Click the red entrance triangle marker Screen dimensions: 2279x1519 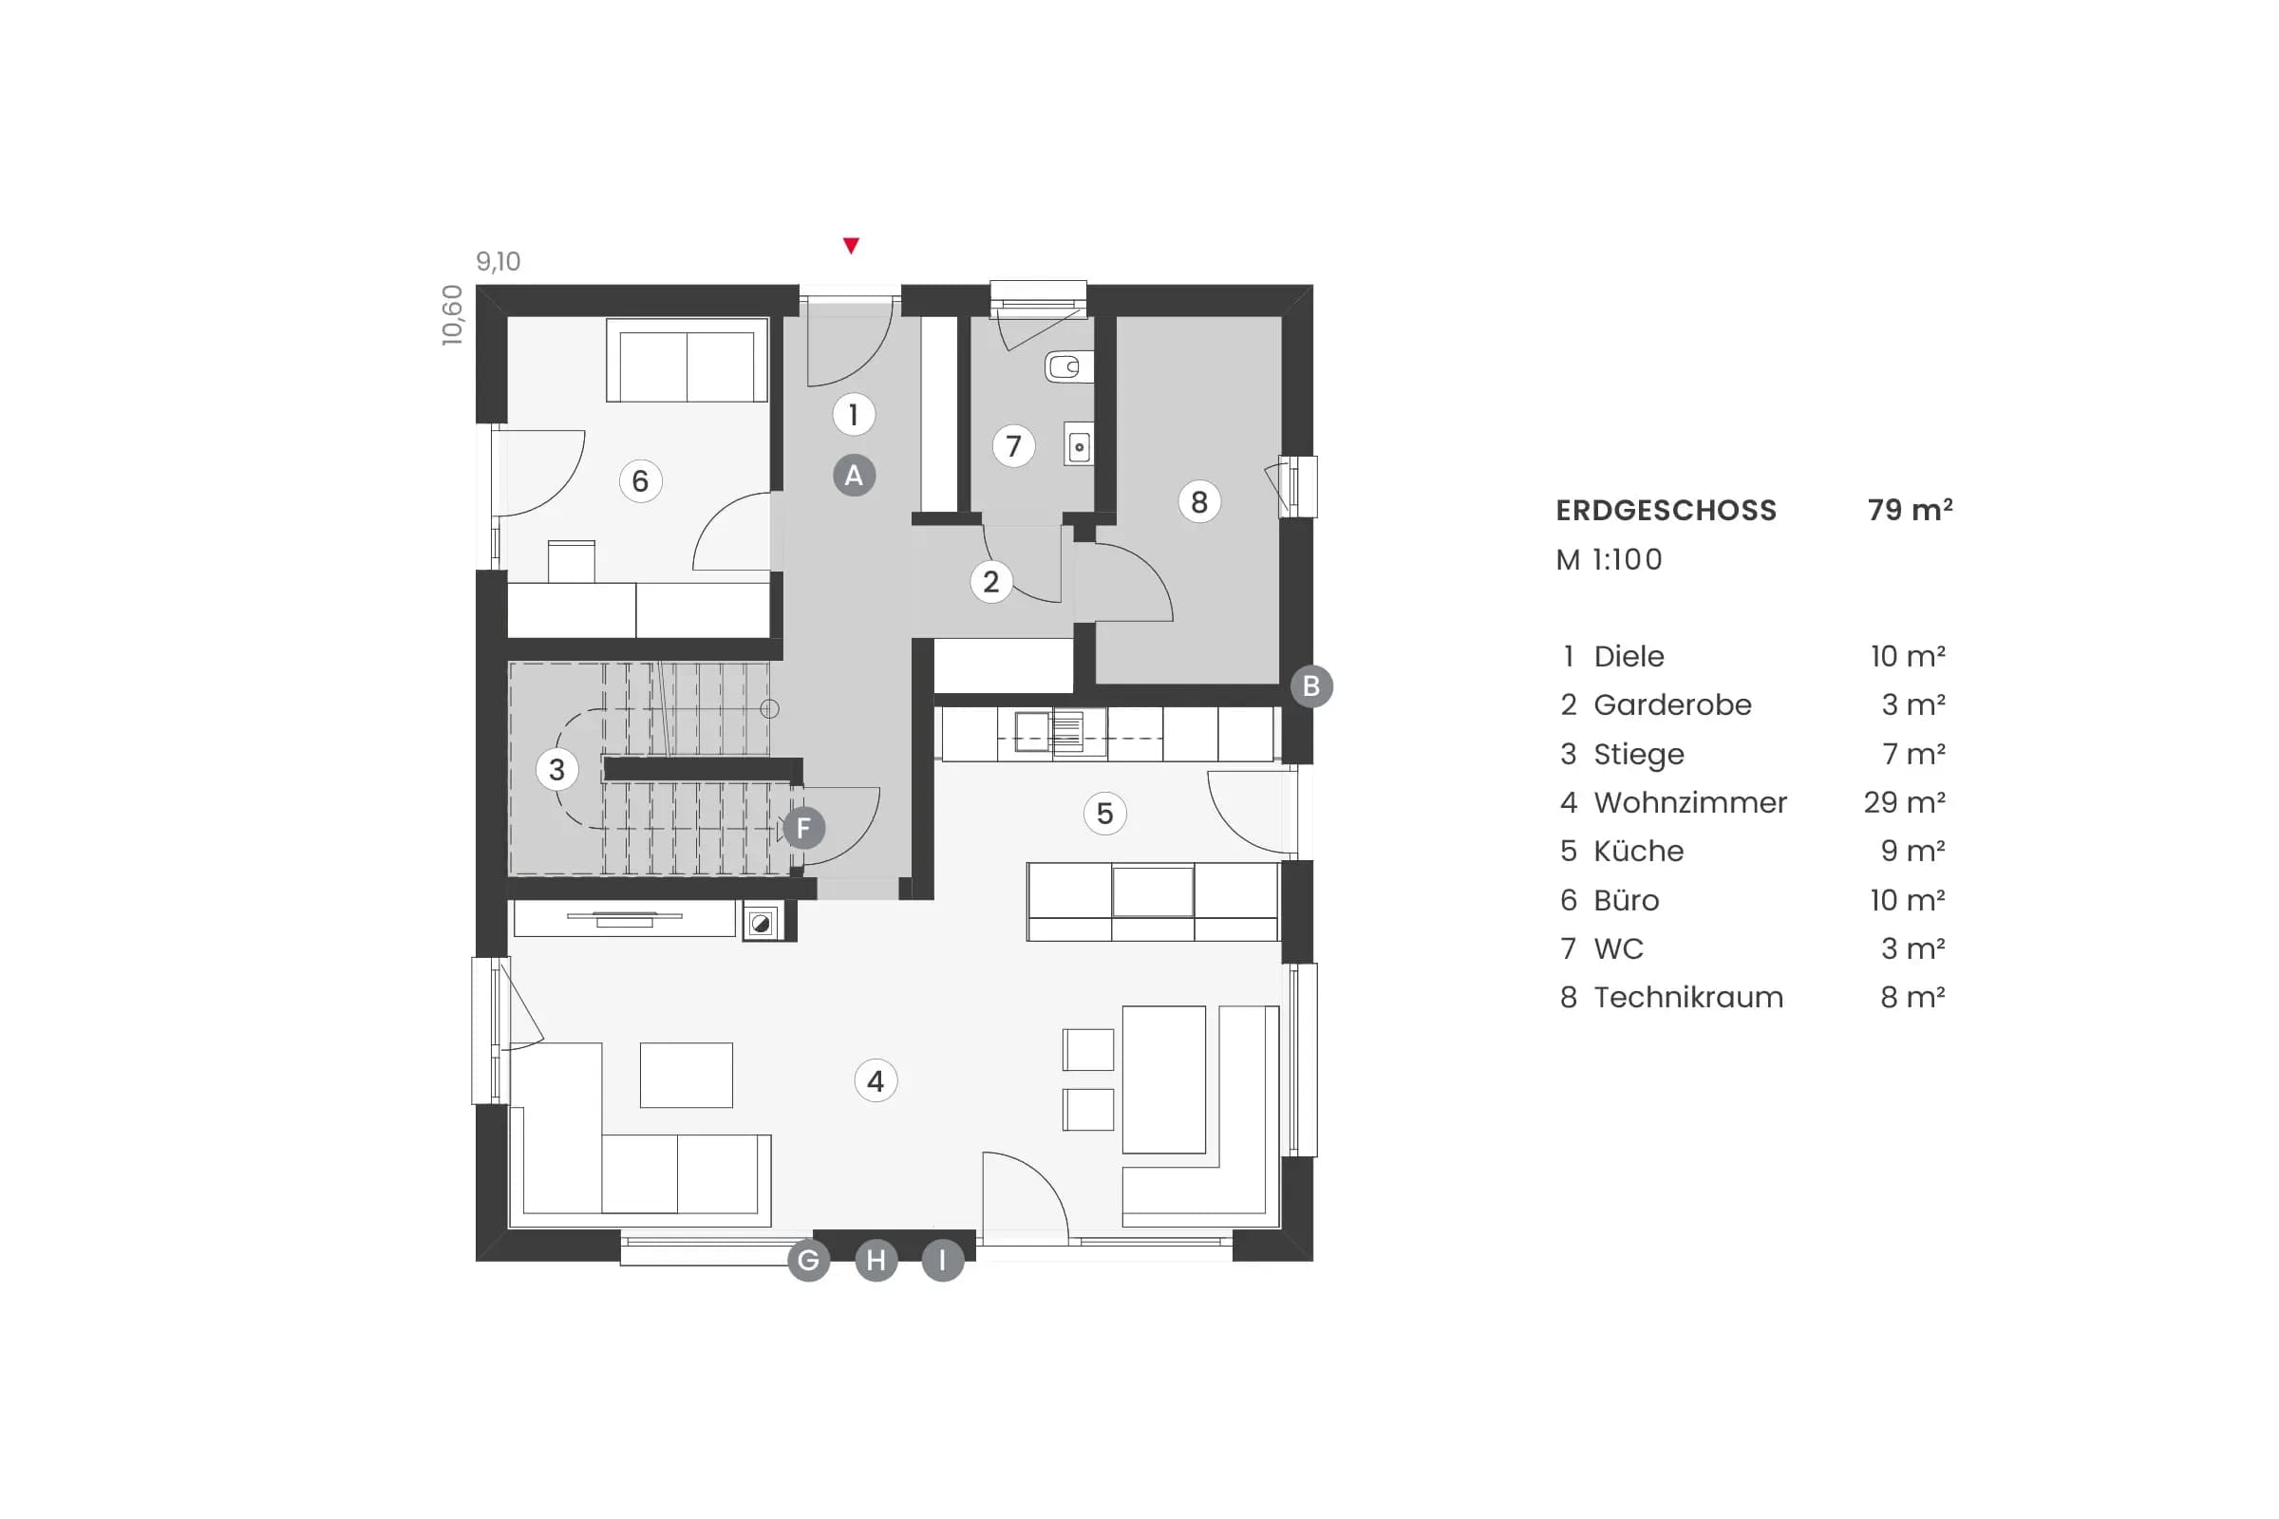coord(851,246)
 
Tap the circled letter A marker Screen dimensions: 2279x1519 coord(854,476)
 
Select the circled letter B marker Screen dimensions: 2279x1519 coord(1311,685)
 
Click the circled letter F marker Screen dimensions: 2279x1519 coord(803,828)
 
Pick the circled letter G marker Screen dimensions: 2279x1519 coord(808,1261)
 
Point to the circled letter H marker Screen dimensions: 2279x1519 coord(876,1261)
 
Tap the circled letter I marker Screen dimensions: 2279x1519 coord(942,1261)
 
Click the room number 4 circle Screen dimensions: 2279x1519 coord(876,1081)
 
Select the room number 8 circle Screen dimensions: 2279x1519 coord(1198,502)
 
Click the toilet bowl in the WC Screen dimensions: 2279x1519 coord(1067,367)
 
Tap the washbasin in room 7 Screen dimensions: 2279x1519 coord(1079,445)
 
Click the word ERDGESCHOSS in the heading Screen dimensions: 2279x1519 coord(1666,511)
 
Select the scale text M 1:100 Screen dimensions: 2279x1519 coord(1609,560)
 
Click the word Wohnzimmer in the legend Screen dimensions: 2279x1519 coord(1690,802)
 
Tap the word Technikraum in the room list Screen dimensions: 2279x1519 coord(1688,997)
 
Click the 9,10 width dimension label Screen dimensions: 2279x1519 coord(498,262)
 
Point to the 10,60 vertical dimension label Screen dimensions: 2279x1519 coord(453,315)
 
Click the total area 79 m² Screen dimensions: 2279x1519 coord(1909,510)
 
